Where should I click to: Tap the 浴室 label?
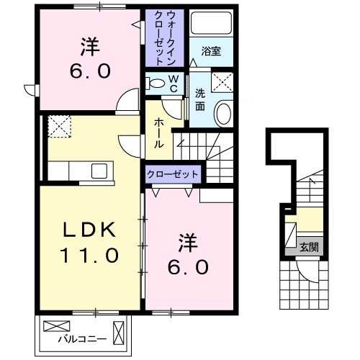(x=210, y=52)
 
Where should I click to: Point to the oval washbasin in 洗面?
(x=225, y=114)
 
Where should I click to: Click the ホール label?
(x=158, y=133)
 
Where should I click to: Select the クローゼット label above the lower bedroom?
(x=173, y=174)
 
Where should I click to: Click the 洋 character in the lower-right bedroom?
(x=186, y=240)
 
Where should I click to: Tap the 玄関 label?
(x=310, y=246)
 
